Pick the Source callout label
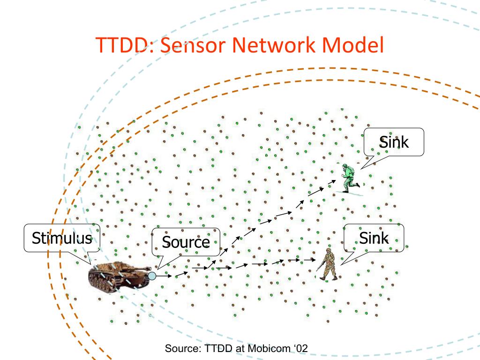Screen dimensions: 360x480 click(x=185, y=242)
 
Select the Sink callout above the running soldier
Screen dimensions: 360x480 click(x=394, y=142)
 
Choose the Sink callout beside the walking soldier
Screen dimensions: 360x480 click(x=374, y=238)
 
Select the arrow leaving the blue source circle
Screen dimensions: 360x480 click(x=164, y=276)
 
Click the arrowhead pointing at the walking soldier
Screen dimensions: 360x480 click(x=312, y=260)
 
